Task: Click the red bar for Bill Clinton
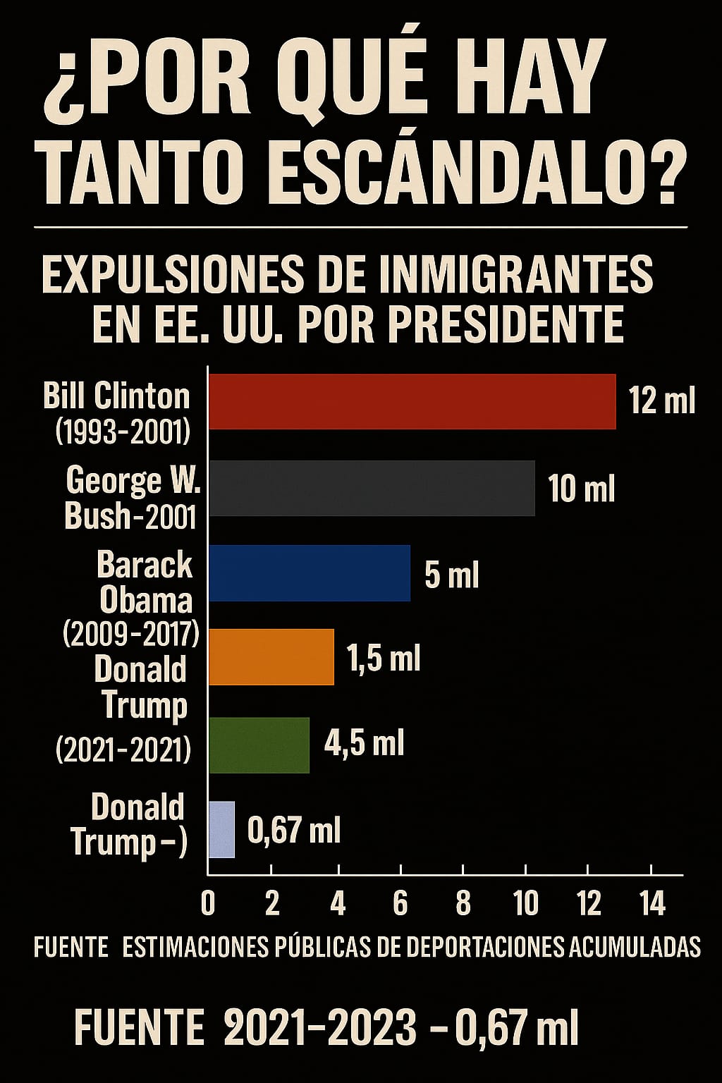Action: [412, 402]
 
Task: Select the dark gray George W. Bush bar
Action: [372, 488]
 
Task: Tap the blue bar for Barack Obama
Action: [310, 573]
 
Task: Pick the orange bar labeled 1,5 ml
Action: [271, 656]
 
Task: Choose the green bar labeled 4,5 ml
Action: [259, 745]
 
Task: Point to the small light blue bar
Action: [222, 829]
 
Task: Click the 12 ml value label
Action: [661, 401]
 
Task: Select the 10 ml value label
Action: [581, 488]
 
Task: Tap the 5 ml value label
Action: [451, 575]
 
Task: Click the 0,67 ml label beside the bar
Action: [294, 831]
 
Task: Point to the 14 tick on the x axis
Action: [652, 903]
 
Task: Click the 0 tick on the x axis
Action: [208, 903]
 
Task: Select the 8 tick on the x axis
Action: [463, 903]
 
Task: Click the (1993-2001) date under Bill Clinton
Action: [123, 432]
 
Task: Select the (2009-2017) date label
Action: [131, 635]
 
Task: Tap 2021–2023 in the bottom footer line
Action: [320, 1028]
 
